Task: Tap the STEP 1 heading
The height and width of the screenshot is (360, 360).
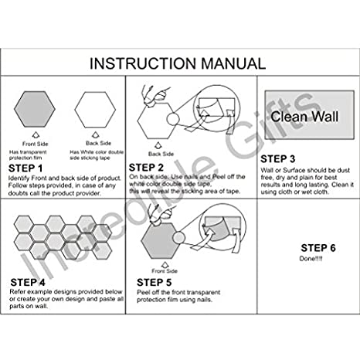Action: pos(27,167)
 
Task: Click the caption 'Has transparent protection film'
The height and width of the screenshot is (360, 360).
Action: pos(36,155)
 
